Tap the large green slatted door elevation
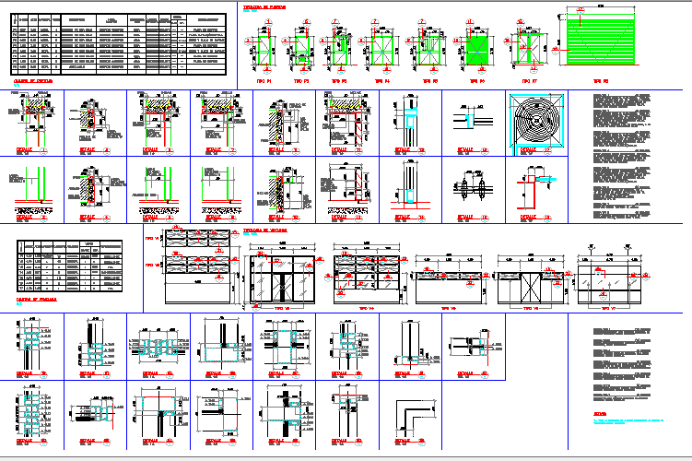[600, 41]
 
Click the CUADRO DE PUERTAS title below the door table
[36, 80]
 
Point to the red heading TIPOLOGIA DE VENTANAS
[268, 229]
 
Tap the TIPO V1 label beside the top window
[152, 244]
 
